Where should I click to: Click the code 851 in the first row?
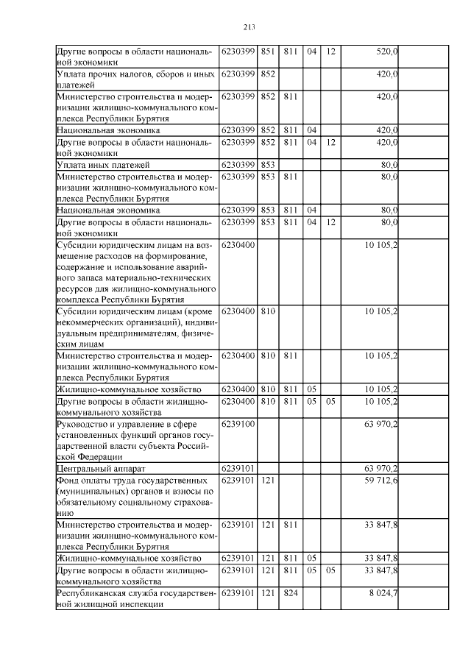tap(268, 52)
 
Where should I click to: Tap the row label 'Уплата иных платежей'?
tap(103, 164)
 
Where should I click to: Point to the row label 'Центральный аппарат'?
tap(99, 467)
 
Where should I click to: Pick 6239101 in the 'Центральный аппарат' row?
tap(238, 467)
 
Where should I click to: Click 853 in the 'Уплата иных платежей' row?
tap(268, 164)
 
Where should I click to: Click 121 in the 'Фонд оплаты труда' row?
tap(268, 480)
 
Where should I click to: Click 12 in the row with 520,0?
tap(330, 52)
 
